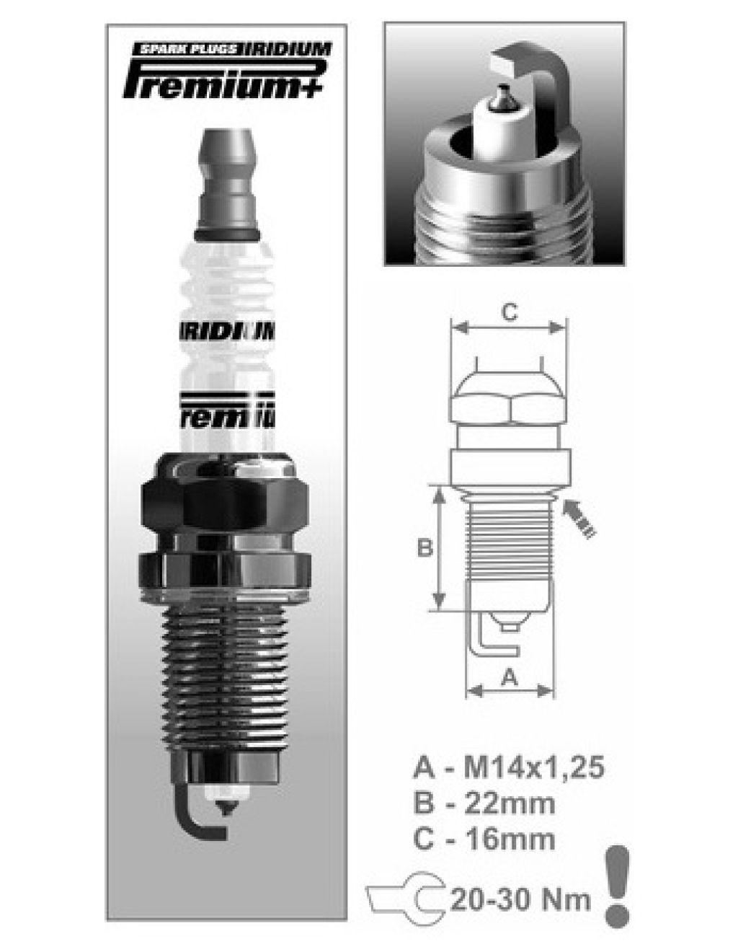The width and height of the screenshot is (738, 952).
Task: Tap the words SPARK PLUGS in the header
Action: (x=188, y=50)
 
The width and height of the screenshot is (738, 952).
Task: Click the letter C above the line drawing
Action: (x=509, y=312)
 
